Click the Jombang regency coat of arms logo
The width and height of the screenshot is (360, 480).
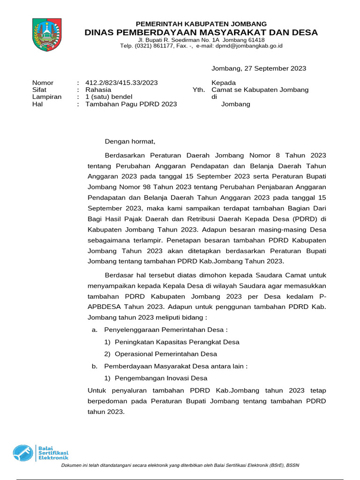click(x=46, y=35)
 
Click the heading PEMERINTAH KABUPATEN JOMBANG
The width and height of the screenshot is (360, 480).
click(x=201, y=24)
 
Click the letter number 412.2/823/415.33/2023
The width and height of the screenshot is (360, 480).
click(x=121, y=83)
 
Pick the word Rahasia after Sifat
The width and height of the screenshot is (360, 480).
click(x=98, y=90)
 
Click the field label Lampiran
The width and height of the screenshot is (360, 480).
click(x=47, y=97)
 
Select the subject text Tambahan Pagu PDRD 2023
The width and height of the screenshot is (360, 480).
click(x=131, y=104)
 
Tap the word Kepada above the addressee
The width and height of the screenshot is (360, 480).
click(x=224, y=83)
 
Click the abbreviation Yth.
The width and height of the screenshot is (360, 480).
click(x=199, y=90)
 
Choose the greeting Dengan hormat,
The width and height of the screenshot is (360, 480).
click(x=129, y=141)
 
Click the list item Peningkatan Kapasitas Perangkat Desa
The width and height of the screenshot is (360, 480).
click(x=177, y=342)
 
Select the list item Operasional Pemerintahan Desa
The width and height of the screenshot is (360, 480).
click(x=166, y=354)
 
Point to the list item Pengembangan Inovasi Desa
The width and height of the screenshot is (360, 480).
click(x=161, y=378)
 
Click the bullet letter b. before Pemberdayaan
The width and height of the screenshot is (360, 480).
click(x=95, y=366)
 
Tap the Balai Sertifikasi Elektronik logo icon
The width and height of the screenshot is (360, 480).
click(x=23, y=453)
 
